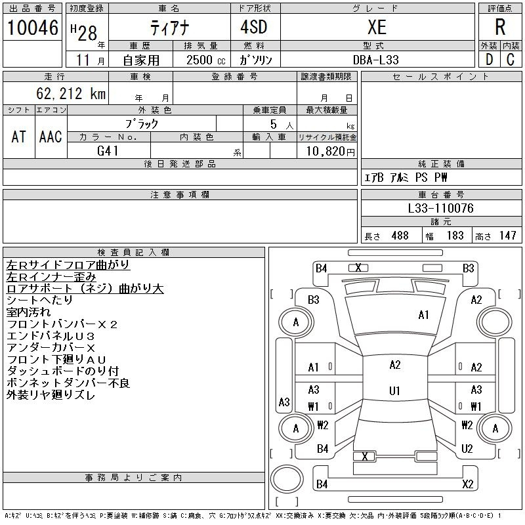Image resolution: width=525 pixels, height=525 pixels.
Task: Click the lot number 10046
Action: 33,28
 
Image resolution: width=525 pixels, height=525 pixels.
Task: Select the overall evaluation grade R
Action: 500,27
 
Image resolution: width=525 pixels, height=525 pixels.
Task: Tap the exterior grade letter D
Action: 489,60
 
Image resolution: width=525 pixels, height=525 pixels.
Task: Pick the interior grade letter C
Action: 511,60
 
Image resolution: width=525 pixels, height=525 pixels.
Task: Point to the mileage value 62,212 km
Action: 71,93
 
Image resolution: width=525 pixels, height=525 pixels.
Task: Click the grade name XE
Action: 377,27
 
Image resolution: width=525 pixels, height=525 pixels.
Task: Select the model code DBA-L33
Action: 376,60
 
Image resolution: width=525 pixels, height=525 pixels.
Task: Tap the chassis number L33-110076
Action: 440,208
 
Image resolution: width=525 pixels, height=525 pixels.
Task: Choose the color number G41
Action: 108,151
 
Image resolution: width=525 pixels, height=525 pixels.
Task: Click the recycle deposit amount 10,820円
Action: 331,152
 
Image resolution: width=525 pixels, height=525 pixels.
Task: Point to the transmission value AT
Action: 18,136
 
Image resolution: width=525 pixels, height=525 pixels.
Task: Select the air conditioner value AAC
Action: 51,136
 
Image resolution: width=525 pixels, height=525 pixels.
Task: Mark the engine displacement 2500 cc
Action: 206,60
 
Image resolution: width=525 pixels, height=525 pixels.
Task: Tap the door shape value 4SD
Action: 254,27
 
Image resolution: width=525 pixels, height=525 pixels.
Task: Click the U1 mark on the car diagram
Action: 395,390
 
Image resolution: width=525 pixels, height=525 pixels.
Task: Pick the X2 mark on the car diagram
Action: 468,484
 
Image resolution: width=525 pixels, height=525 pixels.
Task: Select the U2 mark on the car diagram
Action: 467,448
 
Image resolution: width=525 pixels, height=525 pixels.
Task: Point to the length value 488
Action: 400,236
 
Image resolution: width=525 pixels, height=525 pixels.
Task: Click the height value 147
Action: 507,236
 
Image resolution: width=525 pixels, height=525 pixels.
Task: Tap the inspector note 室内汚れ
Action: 28,312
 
